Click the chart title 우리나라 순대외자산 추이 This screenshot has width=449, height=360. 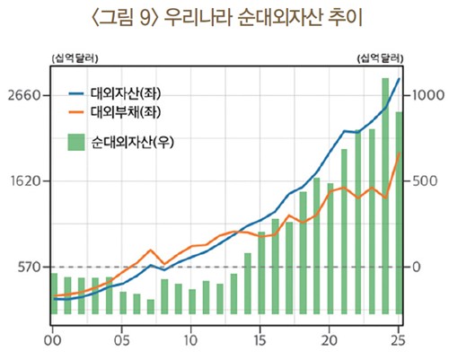[x=224, y=18]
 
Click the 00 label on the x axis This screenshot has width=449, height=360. [x=53, y=342]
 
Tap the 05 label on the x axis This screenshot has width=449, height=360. [x=122, y=342]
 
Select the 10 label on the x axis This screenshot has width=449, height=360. [x=191, y=342]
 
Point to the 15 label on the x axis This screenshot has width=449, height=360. [x=260, y=342]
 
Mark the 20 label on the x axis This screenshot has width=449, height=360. [x=330, y=342]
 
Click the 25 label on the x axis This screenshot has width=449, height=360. [x=399, y=342]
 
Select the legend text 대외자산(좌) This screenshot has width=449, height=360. [x=131, y=93]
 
